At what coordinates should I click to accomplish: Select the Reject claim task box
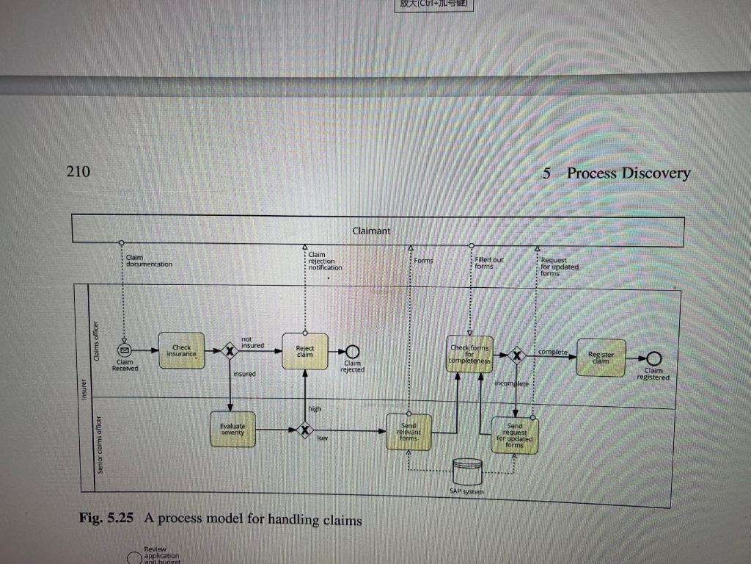click(304, 352)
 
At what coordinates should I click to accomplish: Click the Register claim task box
click(601, 358)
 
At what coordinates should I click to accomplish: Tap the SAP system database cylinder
click(467, 471)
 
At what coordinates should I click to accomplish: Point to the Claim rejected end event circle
click(352, 351)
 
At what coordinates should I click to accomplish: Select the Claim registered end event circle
click(653, 359)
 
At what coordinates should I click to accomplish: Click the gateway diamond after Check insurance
click(230, 352)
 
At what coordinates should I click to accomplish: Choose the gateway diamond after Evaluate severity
click(305, 430)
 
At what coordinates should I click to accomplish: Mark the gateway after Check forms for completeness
click(518, 356)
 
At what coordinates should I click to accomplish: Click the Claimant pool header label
click(371, 231)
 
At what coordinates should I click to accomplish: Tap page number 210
click(78, 171)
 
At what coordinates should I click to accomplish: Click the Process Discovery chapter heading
click(628, 173)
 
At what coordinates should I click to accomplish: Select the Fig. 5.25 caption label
click(106, 518)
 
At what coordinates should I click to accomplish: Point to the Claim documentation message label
click(149, 261)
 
